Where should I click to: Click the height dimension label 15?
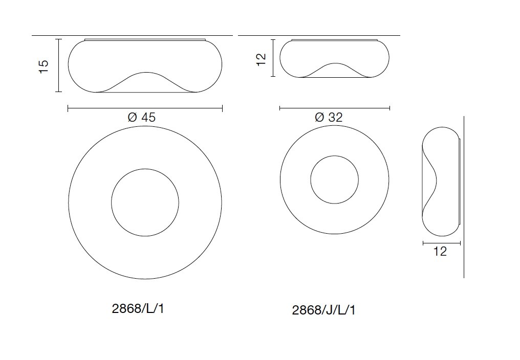point(44,66)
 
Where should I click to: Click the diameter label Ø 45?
point(141,117)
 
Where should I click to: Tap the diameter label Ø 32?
point(329,117)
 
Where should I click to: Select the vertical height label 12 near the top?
point(262,59)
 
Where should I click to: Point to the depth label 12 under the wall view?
point(440,252)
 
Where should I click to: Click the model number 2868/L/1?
point(138,309)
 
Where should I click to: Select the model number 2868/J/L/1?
point(323,310)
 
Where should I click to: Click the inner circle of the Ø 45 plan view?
point(145,202)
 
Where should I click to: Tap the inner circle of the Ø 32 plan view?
point(334,179)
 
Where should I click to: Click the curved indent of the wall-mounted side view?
point(435,179)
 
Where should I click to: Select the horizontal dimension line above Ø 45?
point(145,108)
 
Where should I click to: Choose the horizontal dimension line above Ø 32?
point(335,108)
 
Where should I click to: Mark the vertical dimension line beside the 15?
point(59,65)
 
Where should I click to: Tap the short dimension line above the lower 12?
point(441,242)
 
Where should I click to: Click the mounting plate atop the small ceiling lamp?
point(334,39)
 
